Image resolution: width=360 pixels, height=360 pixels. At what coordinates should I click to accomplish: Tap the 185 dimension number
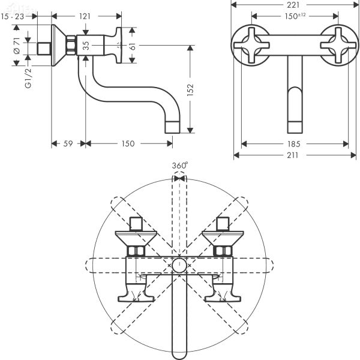(295, 144)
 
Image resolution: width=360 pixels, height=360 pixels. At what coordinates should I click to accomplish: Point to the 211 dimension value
(295, 156)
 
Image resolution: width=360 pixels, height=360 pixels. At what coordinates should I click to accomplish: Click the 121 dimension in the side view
(85, 16)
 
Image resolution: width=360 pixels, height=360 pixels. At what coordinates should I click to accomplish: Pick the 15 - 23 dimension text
(13, 17)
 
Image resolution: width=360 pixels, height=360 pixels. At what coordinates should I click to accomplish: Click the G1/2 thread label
(28, 78)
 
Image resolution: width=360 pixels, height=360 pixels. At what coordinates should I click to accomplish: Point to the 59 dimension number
(68, 144)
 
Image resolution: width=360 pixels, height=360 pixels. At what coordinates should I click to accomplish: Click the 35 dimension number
(86, 45)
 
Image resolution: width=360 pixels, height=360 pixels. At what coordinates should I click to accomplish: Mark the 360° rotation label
(179, 165)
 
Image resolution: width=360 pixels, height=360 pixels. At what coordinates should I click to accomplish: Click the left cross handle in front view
(252, 43)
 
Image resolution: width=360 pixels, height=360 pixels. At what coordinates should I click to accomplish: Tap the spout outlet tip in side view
(173, 127)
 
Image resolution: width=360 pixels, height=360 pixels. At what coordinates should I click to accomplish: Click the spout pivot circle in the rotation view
(179, 263)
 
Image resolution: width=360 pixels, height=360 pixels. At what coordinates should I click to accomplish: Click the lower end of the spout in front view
(294, 125)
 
